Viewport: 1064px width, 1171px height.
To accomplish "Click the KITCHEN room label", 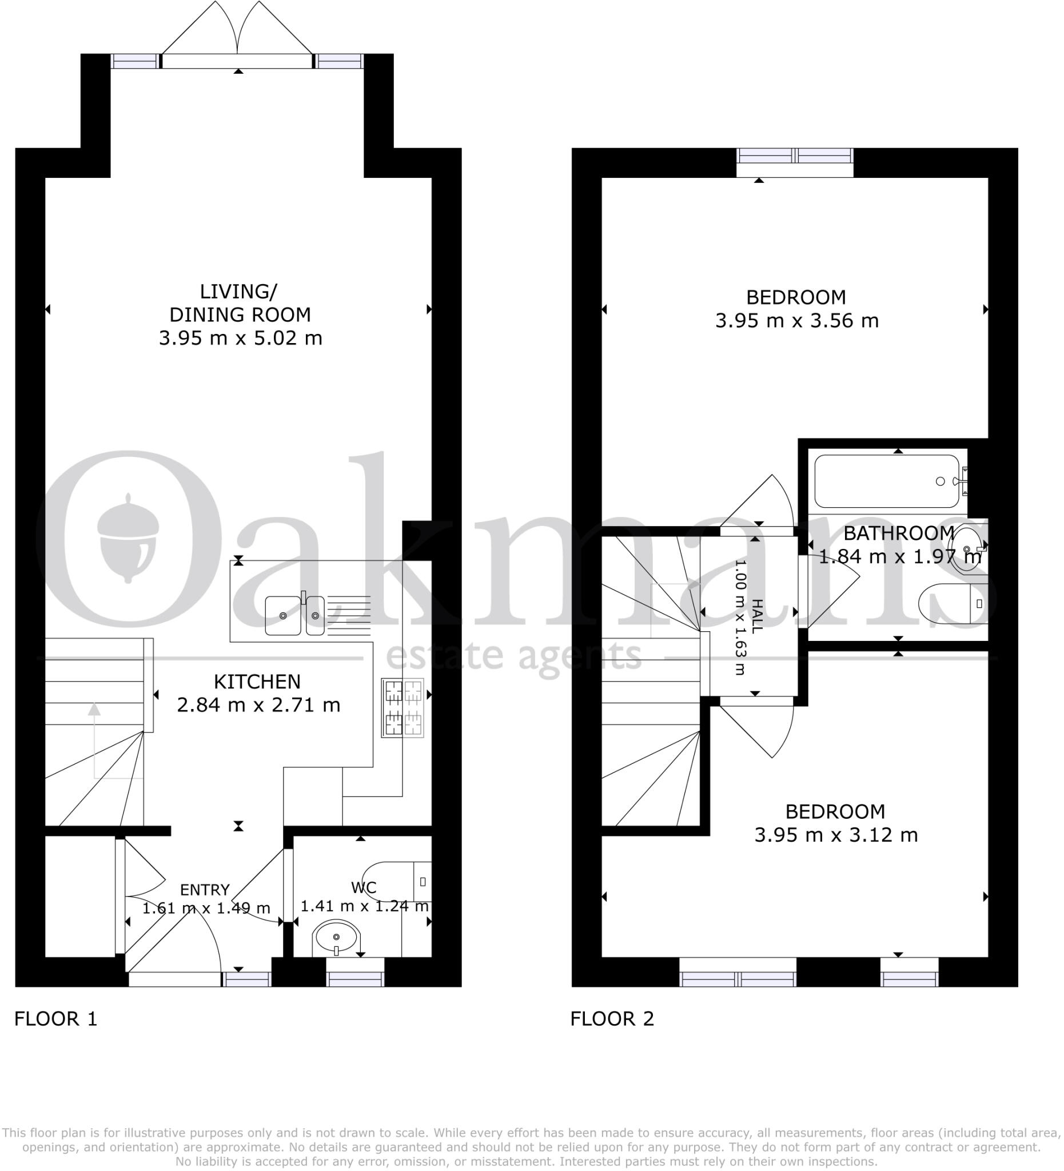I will pyautogui.click(x=257, y=682).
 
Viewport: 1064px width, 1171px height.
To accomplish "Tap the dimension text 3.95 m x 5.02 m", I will pyautogui.click(x=240, y=338).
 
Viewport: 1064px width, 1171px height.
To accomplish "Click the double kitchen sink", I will pyautogui.click(x=295, y=615).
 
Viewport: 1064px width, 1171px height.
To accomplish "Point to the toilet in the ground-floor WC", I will pyautogui.click(x=395, y=881).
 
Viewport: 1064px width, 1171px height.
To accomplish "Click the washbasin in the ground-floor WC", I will pyautogui.click(x=336, y=937).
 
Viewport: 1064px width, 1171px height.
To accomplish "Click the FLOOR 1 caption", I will pyautogui.click(x=56, y=1018).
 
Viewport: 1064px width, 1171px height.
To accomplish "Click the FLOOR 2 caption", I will pyautogui.click(x=612, y=1018).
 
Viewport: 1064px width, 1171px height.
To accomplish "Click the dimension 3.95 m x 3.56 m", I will pyautogui.click(x=796, y=321).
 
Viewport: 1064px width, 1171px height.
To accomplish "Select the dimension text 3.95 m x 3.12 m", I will pyautogui.click(x=835, y=835).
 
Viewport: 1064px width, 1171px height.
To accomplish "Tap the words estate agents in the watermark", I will pyautogui.click(x=513, y=657).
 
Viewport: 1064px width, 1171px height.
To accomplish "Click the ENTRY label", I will pyautogui.click(x=205, y=889).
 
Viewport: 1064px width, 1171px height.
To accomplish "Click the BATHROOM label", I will pyautogui.click(x=898, y=533).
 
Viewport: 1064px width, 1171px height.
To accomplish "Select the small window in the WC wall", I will pyautogui.click(x=355, y=979).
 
